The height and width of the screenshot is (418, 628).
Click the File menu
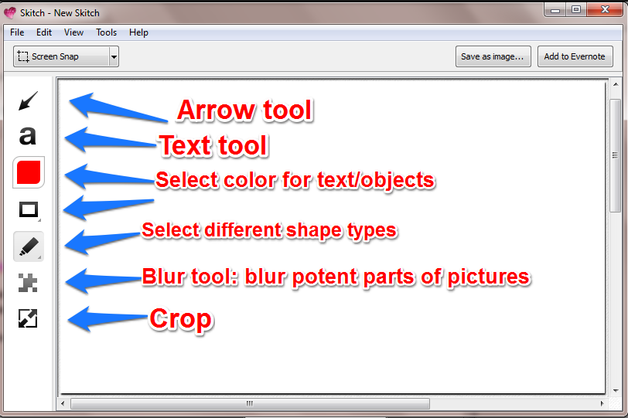(17, 32)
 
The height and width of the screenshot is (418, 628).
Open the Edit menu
(44, 32)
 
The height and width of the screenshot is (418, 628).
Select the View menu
(74, 32)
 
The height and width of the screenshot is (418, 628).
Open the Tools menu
(107, 32)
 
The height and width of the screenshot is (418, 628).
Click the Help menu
(139, 32)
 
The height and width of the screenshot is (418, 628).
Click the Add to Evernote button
(575, 56)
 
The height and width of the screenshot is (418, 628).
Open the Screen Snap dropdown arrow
(114, 56)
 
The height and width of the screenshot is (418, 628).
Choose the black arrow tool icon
(28, 100)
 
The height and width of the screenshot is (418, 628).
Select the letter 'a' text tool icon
(28, 136)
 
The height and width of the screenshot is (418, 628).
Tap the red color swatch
(29, 172)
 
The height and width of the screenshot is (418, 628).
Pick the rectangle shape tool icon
(29, 209)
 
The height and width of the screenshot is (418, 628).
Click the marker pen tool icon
(29, 246)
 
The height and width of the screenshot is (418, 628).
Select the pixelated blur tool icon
(28, 283)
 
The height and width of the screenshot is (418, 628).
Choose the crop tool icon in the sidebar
(28, 318)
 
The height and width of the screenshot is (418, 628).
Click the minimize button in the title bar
(555, 9)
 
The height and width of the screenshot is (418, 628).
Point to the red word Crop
(180, 319)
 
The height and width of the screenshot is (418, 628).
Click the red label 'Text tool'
(213, 145)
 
